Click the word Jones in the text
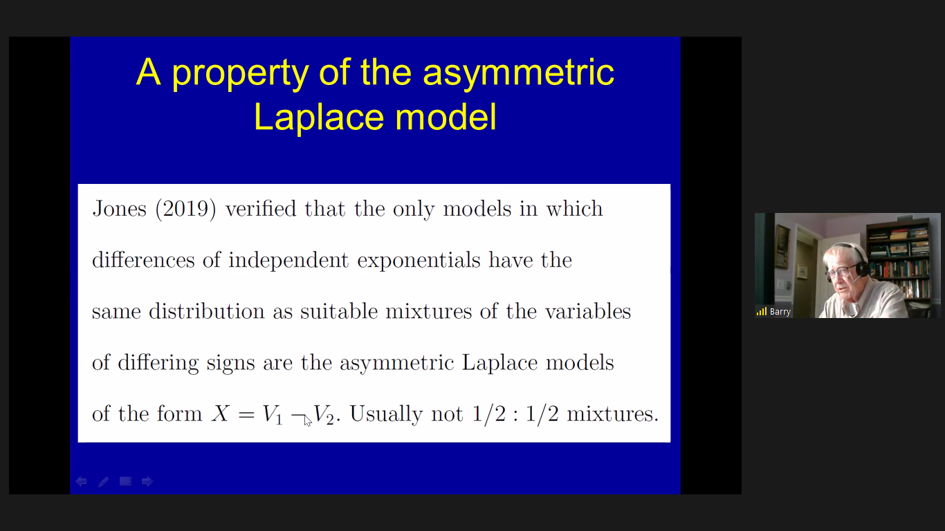[x=120, y=208]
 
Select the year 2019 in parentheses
[x=185, y=209]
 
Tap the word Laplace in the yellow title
[x=318, y=117]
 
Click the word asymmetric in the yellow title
[x=518, y=73]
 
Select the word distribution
[x=207, y=311]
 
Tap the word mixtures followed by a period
[x=612, y=413]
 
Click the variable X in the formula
[x=220, y=413]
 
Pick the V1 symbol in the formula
[x=272, y=415]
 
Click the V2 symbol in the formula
[x=324, y=415]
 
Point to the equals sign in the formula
[x=246, y=415]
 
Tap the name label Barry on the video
[x=780, y=312]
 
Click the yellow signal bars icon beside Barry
[x=762, y=312]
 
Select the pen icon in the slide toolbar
[x=103, y=482]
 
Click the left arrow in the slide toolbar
[x=82, y=481]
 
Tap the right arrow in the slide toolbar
[x=147, y=481]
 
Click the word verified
[x=261, y=208]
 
